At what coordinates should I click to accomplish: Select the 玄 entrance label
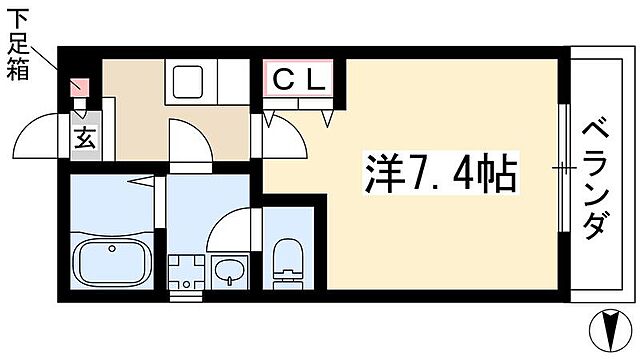[82, 137]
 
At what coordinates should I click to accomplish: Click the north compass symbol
[612, 329]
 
